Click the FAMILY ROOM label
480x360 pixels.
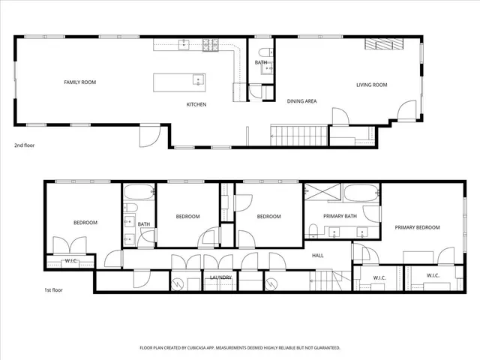click(x=79, y=82)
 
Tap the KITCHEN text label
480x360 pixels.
click(x=196, y=104)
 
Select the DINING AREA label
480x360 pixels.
click(x=301, y=100)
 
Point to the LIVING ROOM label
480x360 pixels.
click(x=371, y=85)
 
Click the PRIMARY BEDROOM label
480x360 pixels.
click(x=417, y=227)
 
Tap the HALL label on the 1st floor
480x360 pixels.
click(x=318, y=256)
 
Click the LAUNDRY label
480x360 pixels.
click(x=220, y=277)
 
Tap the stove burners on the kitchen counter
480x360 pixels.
click(x=210, y=45)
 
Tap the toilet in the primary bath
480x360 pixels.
click(x=312, y=228)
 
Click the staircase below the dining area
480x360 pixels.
click(x=299, y=136)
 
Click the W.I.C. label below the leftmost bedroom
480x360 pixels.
click(x=71, y=261)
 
